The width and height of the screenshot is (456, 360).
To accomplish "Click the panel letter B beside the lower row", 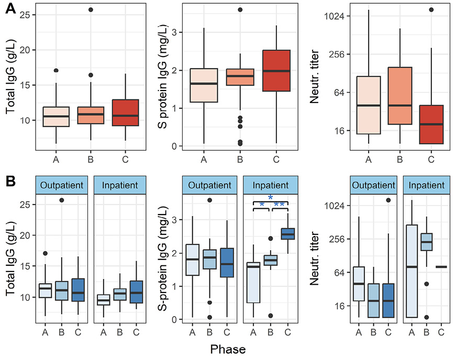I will click(10, 182).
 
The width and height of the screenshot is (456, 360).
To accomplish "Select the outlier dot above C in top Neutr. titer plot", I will click(431, 10).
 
